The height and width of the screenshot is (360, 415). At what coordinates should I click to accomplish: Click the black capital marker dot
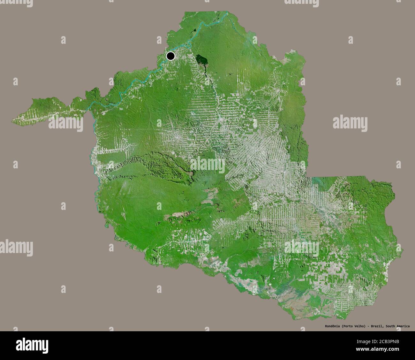pyautogui.click(x=171, y=56)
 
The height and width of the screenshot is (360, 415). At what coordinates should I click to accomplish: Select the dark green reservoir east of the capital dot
pyautogui.click(x=201, y=60)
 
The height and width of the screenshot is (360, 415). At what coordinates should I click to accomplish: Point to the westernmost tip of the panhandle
pyautogui.click(x=13, y=120)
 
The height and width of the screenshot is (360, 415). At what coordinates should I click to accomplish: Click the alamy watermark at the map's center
pyautogui.click(x=207, y=165)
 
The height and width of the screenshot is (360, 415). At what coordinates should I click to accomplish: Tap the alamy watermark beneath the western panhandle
pyautogui.click(x=66, y=124)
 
